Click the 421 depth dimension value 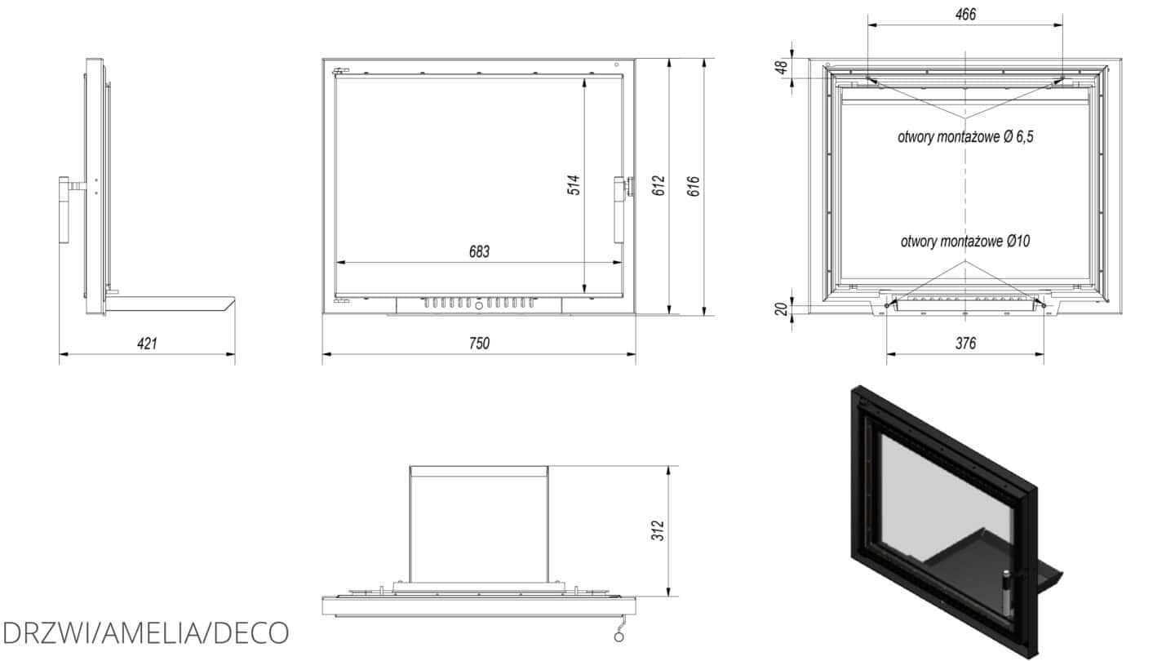(147, 344)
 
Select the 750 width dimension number (479, 344)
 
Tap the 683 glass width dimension (479, 252)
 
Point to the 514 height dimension (574, 184)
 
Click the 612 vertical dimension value (658, 186)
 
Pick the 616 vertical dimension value (693, 186)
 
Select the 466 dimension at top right (965, 14)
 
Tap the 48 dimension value (781, 67)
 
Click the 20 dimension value (781, 309)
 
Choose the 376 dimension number (965, 344)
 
